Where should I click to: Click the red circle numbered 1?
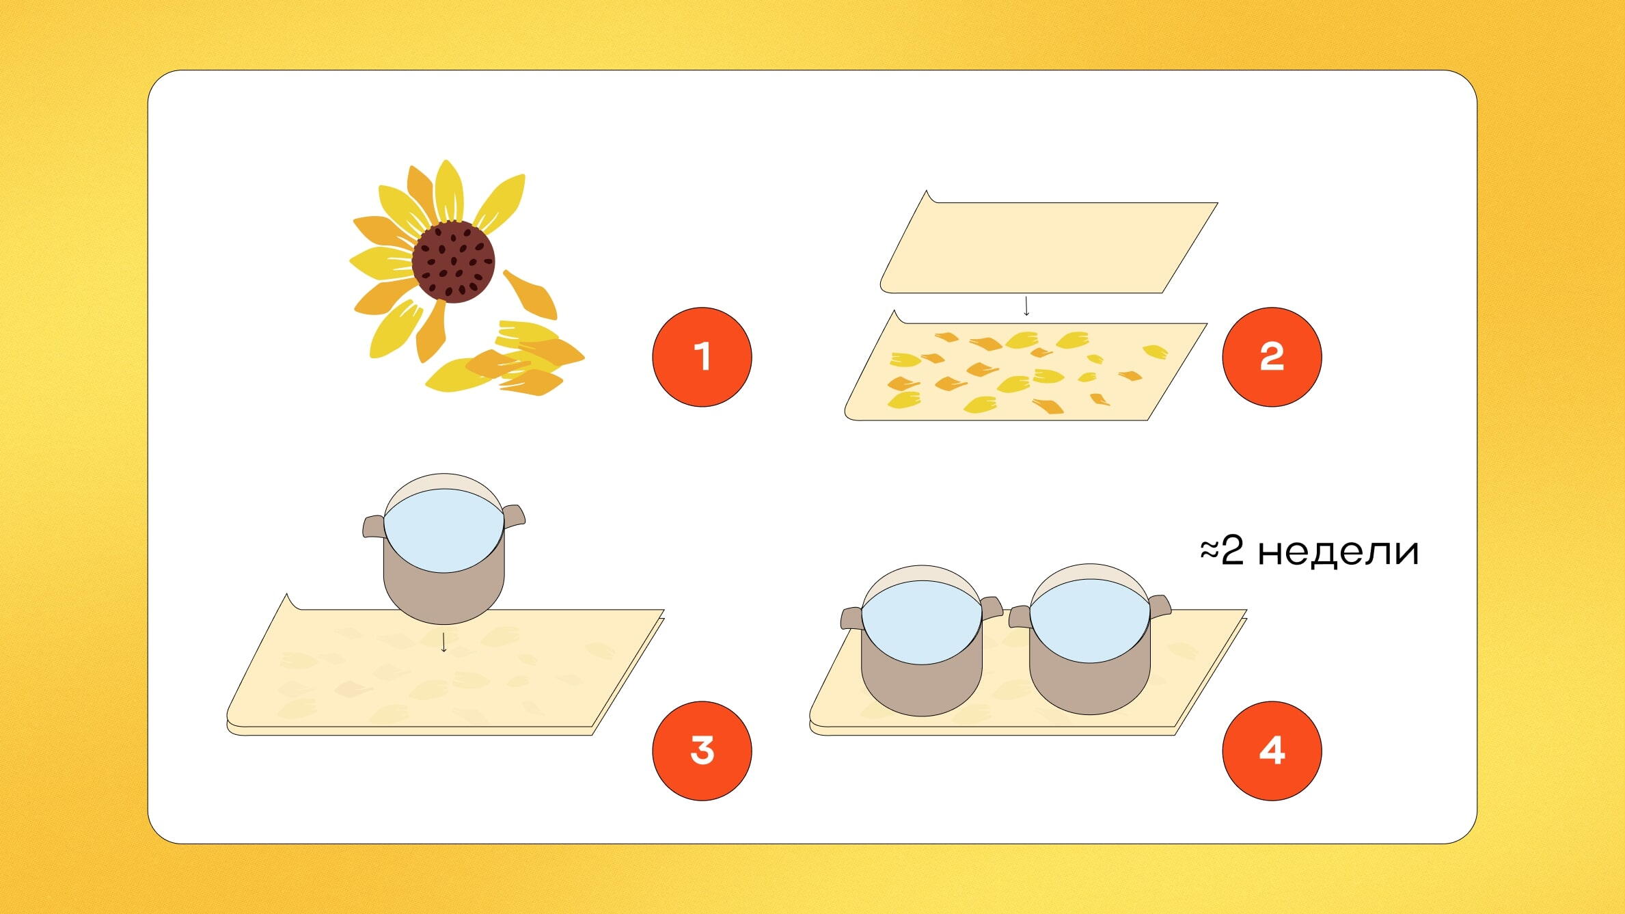(702, 357)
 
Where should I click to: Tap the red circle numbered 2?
(1272, 357)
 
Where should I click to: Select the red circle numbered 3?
(702, 751)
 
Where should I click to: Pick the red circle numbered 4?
(1272, 751)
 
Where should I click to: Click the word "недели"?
(1338, 552)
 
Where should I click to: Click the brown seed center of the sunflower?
(453, 261)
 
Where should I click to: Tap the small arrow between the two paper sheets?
(1026, 306)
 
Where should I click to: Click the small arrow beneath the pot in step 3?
(444, 643)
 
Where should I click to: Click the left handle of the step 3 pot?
(373, 526)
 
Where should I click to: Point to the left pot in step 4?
(922, 641)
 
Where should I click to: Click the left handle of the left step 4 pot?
(851, 617)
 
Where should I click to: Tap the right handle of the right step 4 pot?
(1160, 607)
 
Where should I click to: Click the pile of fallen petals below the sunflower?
(506, 359)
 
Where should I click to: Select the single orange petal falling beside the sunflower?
(531, 295)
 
